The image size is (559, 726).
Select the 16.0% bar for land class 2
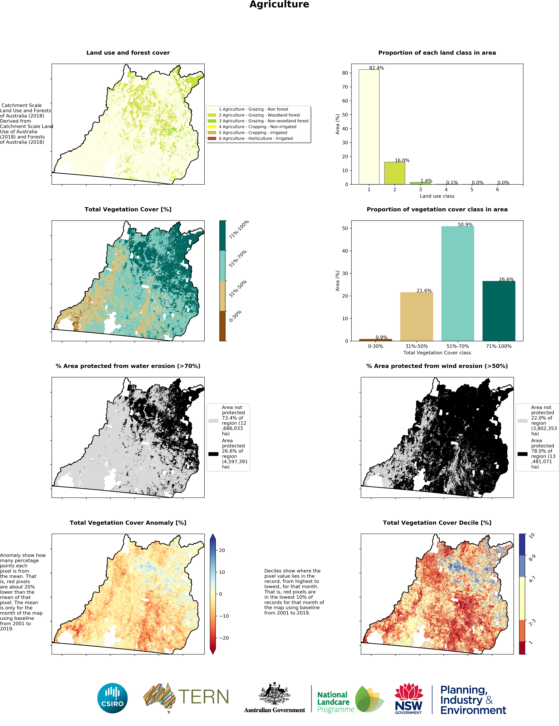(394, 173)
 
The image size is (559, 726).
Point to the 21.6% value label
(424, 291)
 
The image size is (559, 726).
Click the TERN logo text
(203, 697)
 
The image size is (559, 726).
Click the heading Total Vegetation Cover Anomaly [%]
(128, 523)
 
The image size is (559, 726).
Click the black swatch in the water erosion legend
(213, 454)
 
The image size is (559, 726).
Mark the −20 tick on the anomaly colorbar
(224, 638)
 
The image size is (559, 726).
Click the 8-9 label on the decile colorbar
(532, 558)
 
